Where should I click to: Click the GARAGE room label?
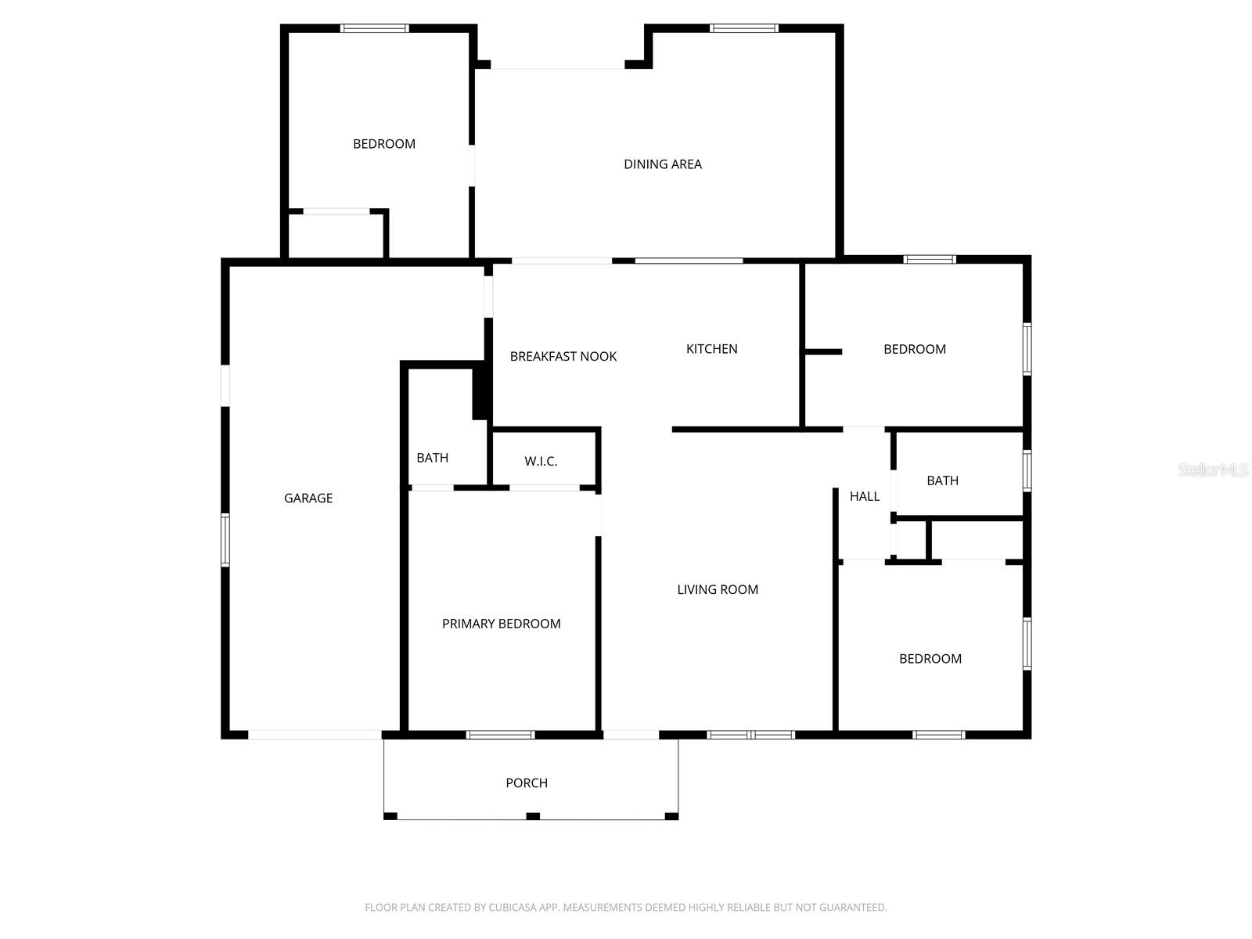click(x=308, y=498)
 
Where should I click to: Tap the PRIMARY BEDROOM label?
click(x=501, y=624)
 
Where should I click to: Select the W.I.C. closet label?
click(x=541, y=462)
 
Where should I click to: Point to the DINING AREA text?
click(x=662, y=164)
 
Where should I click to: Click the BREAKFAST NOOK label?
click(x=563, y=357)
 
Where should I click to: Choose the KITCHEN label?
click(x=711, y=349)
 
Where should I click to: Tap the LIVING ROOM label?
click(x=718, y=590)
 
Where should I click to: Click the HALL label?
click(x=865, y=496)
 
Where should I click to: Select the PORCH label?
click(x=527, y=783)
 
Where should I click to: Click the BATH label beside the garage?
click(x=432, y=458)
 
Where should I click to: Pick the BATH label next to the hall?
click(x=942, y=480)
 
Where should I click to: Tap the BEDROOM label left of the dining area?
click(x=384, y=144)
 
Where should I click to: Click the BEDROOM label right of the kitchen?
click(x=915, y=349)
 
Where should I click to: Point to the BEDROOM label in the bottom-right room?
click(x=930, y=659)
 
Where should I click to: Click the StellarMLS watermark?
click(x=1212, y=470)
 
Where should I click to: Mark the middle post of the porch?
click(x=533, y=816)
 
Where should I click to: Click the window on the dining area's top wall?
click(x=744, y=29)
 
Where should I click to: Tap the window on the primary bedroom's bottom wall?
click(x=501, y=735)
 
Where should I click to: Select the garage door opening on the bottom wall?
click(x=315, y=735)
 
